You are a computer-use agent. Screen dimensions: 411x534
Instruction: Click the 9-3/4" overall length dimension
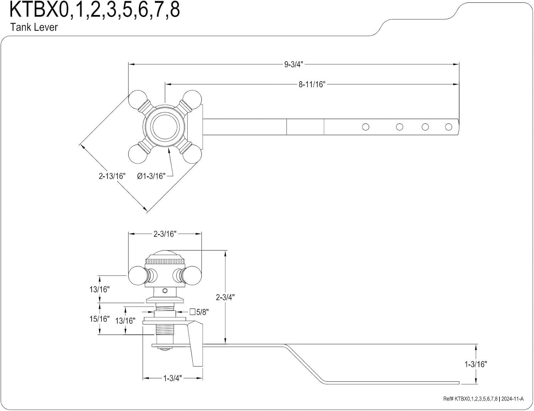click(x=293, y=64)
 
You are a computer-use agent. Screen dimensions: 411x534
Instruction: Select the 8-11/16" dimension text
click(x=312, y=84)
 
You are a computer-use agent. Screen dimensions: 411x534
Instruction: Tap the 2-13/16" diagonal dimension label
click(x=112, y=176)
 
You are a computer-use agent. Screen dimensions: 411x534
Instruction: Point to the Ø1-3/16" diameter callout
click(x=151, y=176)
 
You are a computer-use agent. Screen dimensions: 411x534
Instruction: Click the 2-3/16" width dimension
click(x=165, y=234)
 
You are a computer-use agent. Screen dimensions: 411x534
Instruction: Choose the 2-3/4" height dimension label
click(x=225, y=297)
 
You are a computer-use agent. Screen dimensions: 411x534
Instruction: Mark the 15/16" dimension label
click(x=99, y=319)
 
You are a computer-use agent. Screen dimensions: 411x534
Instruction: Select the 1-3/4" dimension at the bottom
click(x=172, y=378)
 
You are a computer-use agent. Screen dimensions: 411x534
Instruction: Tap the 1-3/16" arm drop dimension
click(x=476, y=364)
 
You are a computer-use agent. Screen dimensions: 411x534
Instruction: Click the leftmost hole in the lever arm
click(x=365, y=127)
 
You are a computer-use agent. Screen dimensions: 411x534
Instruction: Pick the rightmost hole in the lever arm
click(x=449, y=127)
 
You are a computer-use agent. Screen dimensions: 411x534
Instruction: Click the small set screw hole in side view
click(x=164, y=291)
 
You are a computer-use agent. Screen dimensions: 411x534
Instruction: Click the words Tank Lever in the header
click(x=34, y=27)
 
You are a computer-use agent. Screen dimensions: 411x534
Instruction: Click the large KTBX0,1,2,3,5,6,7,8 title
click(x=95, y=10)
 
